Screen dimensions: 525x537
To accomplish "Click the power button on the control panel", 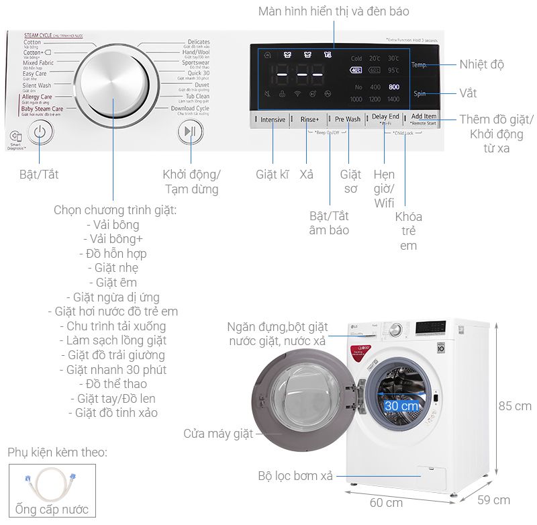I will click(x=40, y=132).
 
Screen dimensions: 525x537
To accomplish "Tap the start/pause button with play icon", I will click(x=190, y=132).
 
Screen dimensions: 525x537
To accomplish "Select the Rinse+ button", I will click(x=309, y=119).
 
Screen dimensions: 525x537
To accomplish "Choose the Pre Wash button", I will click(x=348, y=119).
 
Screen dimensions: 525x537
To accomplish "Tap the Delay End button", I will click(x=385, y=117).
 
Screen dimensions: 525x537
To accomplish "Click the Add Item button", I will click(x=424, y=117).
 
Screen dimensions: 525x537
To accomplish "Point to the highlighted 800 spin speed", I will click(x=393, y=87).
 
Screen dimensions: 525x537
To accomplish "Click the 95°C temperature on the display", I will click(x=393, y=70).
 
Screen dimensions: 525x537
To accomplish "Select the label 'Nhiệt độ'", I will click(x=481, y=65).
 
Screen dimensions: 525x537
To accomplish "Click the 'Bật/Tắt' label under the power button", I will click(x=39, y=175).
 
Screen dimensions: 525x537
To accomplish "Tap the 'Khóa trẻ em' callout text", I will click(x=408, y=231).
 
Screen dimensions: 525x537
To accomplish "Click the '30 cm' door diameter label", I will click(x=401, y=406).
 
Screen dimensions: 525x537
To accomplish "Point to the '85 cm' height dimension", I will click(x=515, y=406).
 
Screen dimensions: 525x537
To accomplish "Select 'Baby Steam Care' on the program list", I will click(x=42, y=109).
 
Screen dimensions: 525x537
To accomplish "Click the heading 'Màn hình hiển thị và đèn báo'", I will click(x=334, y=11).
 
